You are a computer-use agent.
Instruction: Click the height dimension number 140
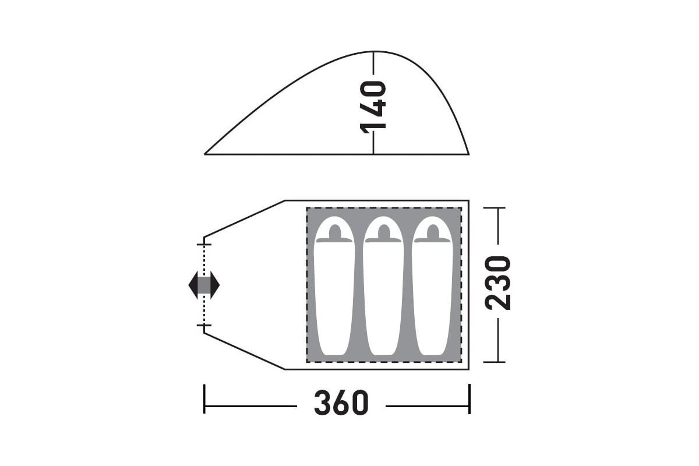click(x=373, y=107)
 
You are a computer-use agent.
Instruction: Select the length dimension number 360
click(x=341, y=403)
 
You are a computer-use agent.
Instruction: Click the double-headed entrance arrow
click(x=204, y=285)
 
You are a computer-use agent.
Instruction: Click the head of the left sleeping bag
click(x=334, y=231)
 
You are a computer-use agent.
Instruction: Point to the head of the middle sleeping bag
click(x=383, y=231)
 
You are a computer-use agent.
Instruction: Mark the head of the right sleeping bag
click(x=432, y=231)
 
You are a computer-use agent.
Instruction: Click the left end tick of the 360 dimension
click(x=204, y=399)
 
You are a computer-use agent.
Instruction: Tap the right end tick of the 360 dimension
click(x=469, y=399)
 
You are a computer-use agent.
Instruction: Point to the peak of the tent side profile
click(x=373, y=51)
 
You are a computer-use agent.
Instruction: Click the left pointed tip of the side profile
click(x=206, y=154)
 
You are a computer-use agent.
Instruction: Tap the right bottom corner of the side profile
click(x=468, y=154)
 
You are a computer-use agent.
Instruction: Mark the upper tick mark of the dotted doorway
click(x=204, y=243)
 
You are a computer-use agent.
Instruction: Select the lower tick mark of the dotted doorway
click(x=204, y=326)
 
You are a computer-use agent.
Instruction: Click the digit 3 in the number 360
click(x=323, y=403)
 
